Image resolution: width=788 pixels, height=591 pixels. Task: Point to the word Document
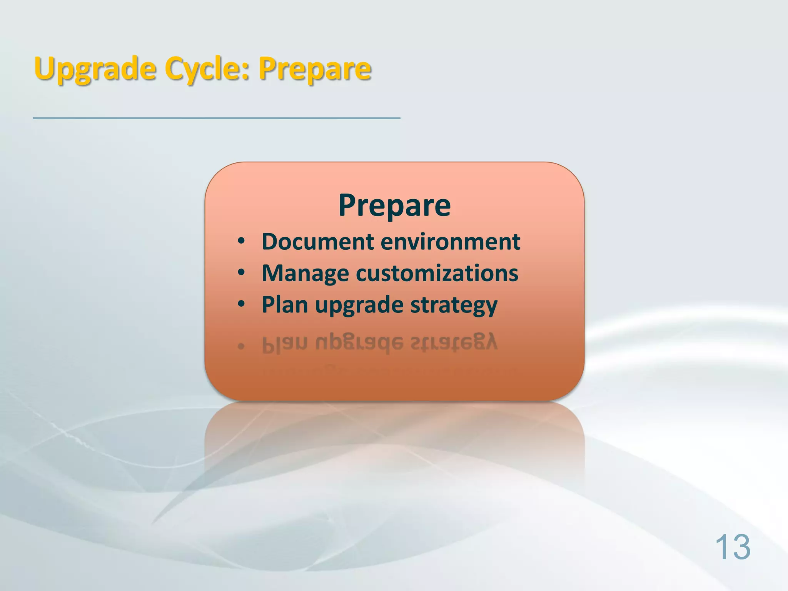click(x=318, y=242)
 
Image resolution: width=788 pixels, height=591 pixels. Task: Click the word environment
click(x=451, y=242)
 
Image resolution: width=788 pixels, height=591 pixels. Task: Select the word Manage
click(x=305, y=273)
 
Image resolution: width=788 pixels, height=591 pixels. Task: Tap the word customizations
click(x=437, y=273)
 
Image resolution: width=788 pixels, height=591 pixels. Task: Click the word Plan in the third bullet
click(x=285, y=305)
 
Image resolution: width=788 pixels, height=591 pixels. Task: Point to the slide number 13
click(x=733, y=547)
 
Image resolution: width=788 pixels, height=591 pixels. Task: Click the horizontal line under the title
click(x=216, y=118)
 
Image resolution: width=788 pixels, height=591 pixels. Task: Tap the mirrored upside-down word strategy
click(x=454, y=342)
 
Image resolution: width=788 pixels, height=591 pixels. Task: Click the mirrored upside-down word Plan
click(x=285, y=344)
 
